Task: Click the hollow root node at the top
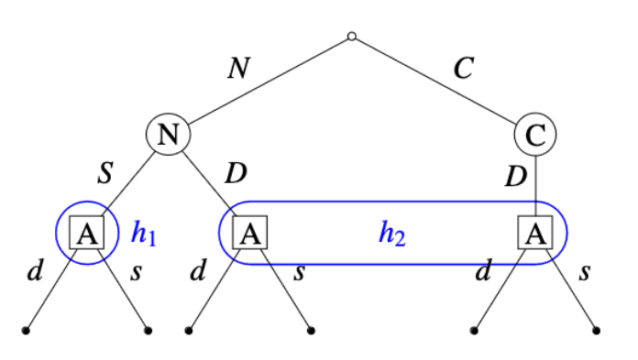pos(352,37)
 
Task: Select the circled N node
pos(168,135)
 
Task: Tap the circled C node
pos(535,135)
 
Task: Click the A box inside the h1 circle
pos(87,233)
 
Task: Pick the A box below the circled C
pos(535,233)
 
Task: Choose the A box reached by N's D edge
pos(250,233)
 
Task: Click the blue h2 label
pos(391,234)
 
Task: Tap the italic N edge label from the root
pos(238,68)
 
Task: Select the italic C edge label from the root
pos(464,68)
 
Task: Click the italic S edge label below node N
pos(105,173)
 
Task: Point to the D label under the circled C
pos(516,177)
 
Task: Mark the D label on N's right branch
pos(236,173)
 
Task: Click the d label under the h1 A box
pos(35,269)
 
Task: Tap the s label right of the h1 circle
pos(137,273)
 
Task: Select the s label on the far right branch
pos(585,273)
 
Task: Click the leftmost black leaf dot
pos(26,331)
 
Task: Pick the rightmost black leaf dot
pos(597,331)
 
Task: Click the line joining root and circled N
pos(269,80)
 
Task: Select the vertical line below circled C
pos(535,186)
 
